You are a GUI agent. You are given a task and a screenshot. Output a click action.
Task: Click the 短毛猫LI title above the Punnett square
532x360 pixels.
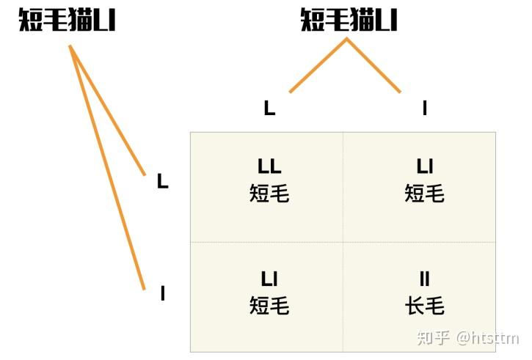click(349, 20)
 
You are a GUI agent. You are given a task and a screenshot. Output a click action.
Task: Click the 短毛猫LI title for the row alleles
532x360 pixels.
click(68, 20)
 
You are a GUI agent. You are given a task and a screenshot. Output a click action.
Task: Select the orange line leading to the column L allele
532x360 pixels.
click(318, 65)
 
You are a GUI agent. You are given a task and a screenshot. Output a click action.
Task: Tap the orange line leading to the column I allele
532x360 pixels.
click(374, 65)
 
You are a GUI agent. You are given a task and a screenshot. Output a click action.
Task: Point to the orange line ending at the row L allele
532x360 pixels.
click(107, 110)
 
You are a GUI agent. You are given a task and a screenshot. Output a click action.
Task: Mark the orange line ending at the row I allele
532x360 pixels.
click(107, 167)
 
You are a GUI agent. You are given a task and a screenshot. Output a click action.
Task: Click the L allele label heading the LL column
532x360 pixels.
click(270, 108)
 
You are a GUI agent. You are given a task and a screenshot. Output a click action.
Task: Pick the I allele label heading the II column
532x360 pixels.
click(424, 108)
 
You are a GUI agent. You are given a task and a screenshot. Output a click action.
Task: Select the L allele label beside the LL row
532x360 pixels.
click(163, 181)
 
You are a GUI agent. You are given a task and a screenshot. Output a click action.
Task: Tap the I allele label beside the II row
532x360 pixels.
click(163, 293)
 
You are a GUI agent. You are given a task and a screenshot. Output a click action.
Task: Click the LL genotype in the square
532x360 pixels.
click(269, 166)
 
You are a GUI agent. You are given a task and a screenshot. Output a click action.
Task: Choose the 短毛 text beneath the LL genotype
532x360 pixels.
click(269, 194)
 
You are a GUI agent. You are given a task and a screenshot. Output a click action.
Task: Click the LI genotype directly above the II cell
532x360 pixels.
click(425, 166)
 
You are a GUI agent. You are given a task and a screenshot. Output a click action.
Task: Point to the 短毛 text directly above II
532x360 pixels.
click(425, 194)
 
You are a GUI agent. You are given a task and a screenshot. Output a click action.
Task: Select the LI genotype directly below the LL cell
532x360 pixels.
click(269, 279)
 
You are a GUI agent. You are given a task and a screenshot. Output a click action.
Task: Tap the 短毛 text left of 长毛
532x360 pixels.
click(269, 306)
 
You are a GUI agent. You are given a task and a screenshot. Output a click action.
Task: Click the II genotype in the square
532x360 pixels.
click(425, 279)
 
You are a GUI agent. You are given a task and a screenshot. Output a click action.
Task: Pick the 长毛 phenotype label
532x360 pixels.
click(425, 306)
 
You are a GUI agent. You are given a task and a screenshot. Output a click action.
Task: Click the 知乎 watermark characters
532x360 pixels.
click(434, 338)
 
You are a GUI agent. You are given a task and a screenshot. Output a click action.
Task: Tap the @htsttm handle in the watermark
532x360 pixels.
click(488, 338)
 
